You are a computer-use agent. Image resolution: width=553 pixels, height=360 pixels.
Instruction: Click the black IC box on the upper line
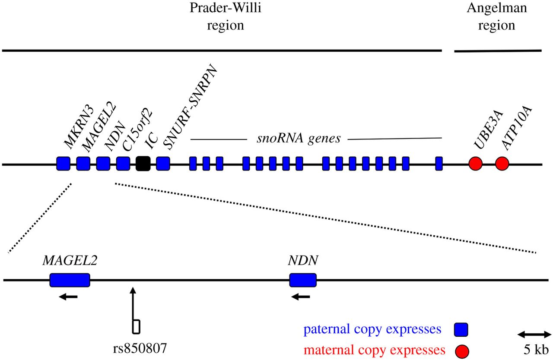coord(143,164)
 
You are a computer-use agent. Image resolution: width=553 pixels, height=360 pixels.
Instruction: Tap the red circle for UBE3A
coord(475,164)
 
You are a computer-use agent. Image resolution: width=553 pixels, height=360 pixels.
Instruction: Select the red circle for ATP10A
coord(502,164)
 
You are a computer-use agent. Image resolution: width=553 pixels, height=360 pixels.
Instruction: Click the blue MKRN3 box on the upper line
coord(64,164)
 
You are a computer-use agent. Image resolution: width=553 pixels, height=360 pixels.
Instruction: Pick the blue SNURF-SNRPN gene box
coord(163,164)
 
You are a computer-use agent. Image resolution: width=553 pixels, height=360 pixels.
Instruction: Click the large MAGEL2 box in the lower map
coord(70,280)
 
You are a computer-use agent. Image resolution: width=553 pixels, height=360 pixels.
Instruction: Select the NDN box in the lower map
coord(303,280)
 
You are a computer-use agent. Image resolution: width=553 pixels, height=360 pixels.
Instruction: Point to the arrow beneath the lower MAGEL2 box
coord(69,297)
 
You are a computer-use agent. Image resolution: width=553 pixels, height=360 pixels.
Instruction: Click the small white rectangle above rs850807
coord(136,326)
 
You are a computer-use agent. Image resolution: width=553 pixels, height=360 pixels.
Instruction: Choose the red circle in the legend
coord(461,350)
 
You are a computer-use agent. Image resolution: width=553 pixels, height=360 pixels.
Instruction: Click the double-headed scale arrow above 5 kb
coord(534,334)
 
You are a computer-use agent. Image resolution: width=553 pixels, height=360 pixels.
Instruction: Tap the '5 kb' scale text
coord(534,349)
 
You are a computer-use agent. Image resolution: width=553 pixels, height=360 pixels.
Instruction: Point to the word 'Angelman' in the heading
coord(496,8)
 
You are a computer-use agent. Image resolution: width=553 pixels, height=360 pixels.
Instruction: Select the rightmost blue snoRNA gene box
coord(439,164)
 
